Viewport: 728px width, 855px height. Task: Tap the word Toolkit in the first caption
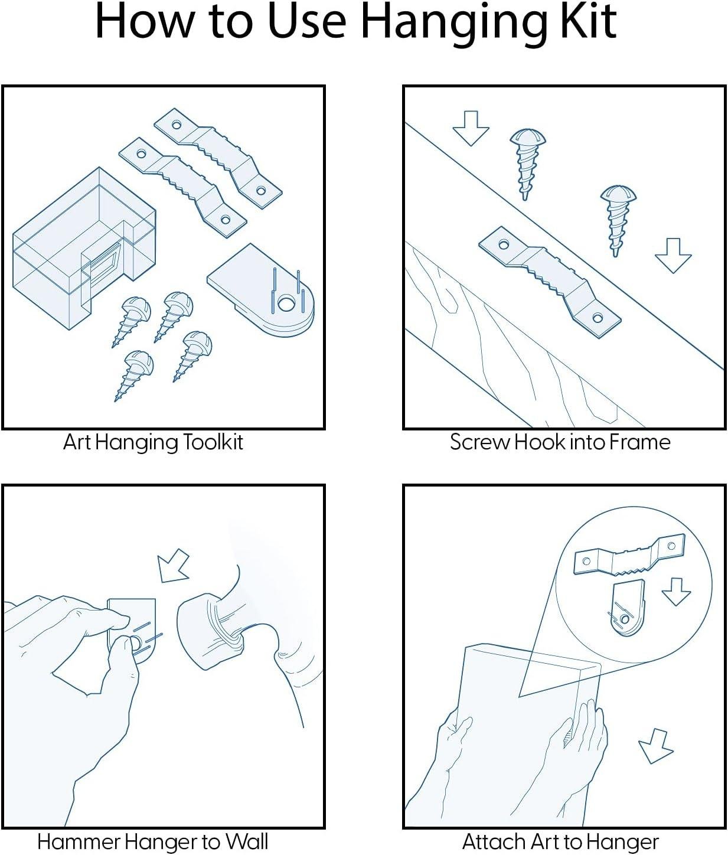(x=213, y=442)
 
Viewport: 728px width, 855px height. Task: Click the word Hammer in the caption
(x=79, y=841)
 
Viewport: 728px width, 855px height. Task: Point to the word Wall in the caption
(x=247, y=841)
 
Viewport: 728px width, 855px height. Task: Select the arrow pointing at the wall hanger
(x=174, y=566)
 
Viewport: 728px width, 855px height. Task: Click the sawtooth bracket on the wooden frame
(x=550, y=282)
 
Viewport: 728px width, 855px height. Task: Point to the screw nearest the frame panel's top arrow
(x=527, y=164)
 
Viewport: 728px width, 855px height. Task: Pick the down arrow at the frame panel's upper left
(x=471, y=128)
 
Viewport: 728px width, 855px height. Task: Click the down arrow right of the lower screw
(x=674, y=255)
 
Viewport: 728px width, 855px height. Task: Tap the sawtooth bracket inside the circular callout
(x=629, y=555)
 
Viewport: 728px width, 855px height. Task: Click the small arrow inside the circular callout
(x=676, y=592)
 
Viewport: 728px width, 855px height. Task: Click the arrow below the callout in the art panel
(x=655, y=746)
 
